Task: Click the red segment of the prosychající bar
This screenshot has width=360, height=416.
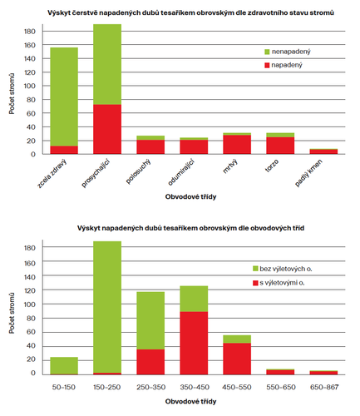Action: pos(107,129)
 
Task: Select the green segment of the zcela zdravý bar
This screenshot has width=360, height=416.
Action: pos(64,97)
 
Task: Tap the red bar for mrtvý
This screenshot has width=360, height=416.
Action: pos(237,145)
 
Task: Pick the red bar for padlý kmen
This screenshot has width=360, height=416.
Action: pos(323,151)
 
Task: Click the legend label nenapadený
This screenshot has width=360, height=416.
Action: pos(291,52)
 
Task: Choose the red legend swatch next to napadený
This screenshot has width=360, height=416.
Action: pos(267,65)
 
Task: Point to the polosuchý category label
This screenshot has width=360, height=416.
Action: pos(138,171)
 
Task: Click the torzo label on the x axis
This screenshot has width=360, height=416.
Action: pos(272,166)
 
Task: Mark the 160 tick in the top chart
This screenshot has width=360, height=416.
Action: pos(30,45)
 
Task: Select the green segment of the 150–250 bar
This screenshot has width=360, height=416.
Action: pos(107,307)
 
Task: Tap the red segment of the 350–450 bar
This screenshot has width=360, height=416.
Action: pos(194,343)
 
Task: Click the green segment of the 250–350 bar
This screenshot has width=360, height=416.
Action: pos(150,320)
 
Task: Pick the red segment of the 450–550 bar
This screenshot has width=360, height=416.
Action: pos(237,359)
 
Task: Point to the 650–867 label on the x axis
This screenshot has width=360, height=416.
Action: pos(324,387)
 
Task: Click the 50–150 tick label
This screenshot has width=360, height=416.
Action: pos(64,387)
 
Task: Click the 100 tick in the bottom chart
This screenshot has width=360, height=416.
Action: pos(30,305)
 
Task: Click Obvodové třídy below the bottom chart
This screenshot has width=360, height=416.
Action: pos(190,401)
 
